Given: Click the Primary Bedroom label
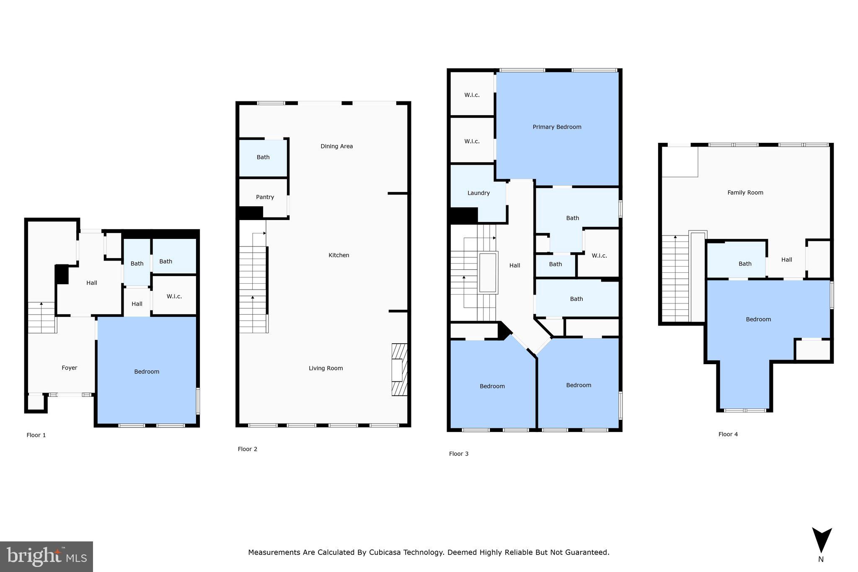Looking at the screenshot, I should coord(557,127).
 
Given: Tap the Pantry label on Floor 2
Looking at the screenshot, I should coord(265,197).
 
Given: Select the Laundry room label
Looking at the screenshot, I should coord(478,193).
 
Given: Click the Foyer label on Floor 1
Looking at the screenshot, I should coord(70,368).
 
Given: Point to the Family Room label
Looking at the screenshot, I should coord(745,193).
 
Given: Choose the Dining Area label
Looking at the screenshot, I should coord(336,146).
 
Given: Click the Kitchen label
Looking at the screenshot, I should coord(339,255).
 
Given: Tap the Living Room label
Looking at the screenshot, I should coord(326,368).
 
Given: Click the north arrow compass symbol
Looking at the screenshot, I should coord(822,541).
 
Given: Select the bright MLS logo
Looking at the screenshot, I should coord(47,556).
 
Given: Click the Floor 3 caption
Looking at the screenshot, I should coord(458,454).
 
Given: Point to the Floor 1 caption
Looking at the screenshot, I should coord(36,435).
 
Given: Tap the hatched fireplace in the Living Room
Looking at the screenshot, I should coord(399,370).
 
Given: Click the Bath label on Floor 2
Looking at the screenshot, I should coord(263,157).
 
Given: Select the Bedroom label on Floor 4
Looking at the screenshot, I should coord(758,319).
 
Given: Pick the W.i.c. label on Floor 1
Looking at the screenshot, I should coord(174,296).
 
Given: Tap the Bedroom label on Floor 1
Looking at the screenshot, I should coord(147,372).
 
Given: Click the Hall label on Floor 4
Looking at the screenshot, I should coord(786,260).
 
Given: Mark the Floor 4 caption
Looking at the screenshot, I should coord(728,435).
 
